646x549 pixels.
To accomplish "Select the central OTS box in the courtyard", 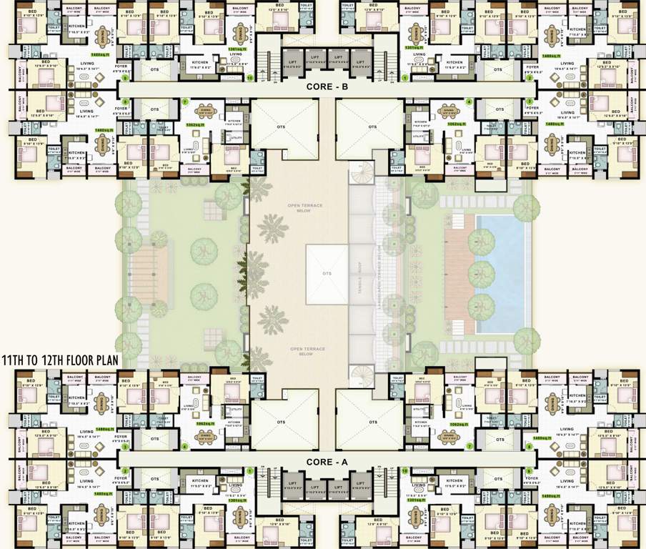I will coord(327,274).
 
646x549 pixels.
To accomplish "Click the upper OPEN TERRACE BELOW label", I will coord(306,208).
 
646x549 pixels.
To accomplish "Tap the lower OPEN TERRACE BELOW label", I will coord(306,351).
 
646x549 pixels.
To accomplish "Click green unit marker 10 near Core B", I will coord(249,78).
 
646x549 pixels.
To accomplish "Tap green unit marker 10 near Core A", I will coord(404,471).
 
